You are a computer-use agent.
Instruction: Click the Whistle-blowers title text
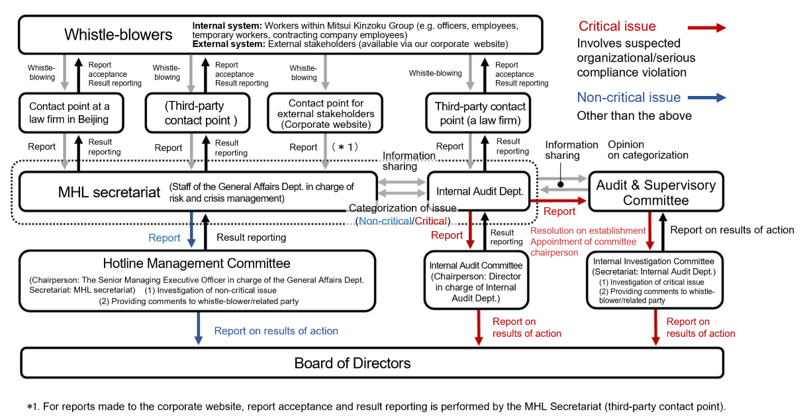click(x=118, y=34)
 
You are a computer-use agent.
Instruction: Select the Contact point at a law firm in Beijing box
click(x=71, y=113)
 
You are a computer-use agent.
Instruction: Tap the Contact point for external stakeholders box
click(x=325, y=113)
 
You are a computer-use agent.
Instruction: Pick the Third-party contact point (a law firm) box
click(x=478, y=113)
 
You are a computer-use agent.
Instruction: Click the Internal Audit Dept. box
click(x=479, y=191)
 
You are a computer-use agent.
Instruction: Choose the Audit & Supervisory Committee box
click(x=656, y=192)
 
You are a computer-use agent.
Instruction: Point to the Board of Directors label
click(x=352, y=363)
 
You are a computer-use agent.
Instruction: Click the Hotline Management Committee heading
click(x=197, y=263)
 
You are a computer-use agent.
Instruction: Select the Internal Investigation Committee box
click(x=655, y=280)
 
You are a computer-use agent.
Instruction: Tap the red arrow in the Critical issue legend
click(x=707, y=28)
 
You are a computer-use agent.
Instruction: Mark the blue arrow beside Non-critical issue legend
click(x=707, y=97)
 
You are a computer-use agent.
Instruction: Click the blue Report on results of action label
click(x=276, y=330)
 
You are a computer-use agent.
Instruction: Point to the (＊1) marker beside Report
click(x=345, y=147)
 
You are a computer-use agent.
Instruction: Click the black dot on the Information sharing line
click(x=561, y=184)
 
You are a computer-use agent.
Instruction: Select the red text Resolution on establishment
click(x=588, y=230)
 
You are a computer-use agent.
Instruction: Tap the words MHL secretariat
click(x=109, y=192)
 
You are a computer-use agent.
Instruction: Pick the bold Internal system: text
click(x=227, y=26)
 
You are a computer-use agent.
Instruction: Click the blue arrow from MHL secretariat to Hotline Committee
click(x=191, y=230)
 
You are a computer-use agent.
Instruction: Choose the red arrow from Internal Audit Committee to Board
click(x=479, y=327)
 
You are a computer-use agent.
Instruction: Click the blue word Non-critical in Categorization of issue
click(x=385, y=220)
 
